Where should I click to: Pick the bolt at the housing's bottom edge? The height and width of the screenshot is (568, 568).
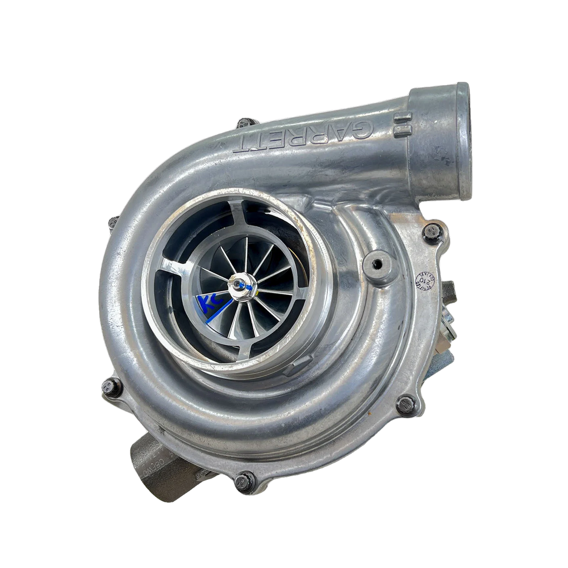242,481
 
